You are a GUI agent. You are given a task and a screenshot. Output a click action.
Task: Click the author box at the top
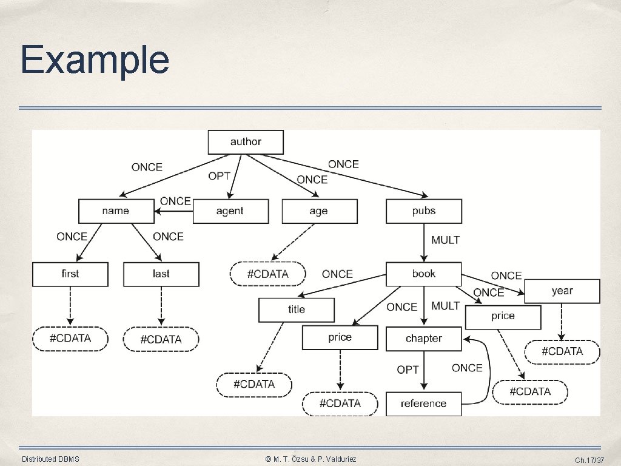click(x=246, y=142)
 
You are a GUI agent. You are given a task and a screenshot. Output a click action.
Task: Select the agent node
click(x=230, y=211)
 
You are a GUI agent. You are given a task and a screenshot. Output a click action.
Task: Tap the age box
click(x=320, y=211)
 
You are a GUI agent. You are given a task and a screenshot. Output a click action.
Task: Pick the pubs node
click(x=424, y=211)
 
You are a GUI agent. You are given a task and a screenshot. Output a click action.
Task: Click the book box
click(x=423, y=274)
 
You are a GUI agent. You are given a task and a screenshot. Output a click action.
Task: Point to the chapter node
click(x=424, y=339)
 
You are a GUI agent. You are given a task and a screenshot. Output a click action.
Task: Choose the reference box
click(x=423, y=404)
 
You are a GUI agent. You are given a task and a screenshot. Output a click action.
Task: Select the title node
click(x=296, y=310)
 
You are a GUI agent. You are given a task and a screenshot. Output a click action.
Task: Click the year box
click(x=562, y=291)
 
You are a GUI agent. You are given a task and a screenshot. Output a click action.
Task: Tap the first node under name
click(x=70, y=274)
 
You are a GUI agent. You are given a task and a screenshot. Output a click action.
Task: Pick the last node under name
click(x=161, y=274)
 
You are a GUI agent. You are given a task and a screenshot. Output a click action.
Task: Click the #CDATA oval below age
click(x=267, y=274)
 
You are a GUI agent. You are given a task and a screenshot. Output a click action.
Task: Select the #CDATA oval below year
click(x=562, y=352)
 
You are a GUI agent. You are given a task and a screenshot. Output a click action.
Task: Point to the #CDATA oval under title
click(x=254, y=384)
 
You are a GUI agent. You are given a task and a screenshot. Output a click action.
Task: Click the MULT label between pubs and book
click(x=446, y=240)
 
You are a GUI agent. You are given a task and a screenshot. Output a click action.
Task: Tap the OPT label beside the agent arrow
click(x=220, y=176)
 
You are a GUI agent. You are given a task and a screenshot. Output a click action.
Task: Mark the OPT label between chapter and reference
click(x=408, y=370)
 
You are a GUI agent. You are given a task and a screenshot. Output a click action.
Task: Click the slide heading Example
click(x=95, y=60)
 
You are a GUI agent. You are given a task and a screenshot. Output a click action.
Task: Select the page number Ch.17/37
click(x=589, y=460)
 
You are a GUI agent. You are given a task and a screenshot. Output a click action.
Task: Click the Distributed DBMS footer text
click(x=50, y=459)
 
